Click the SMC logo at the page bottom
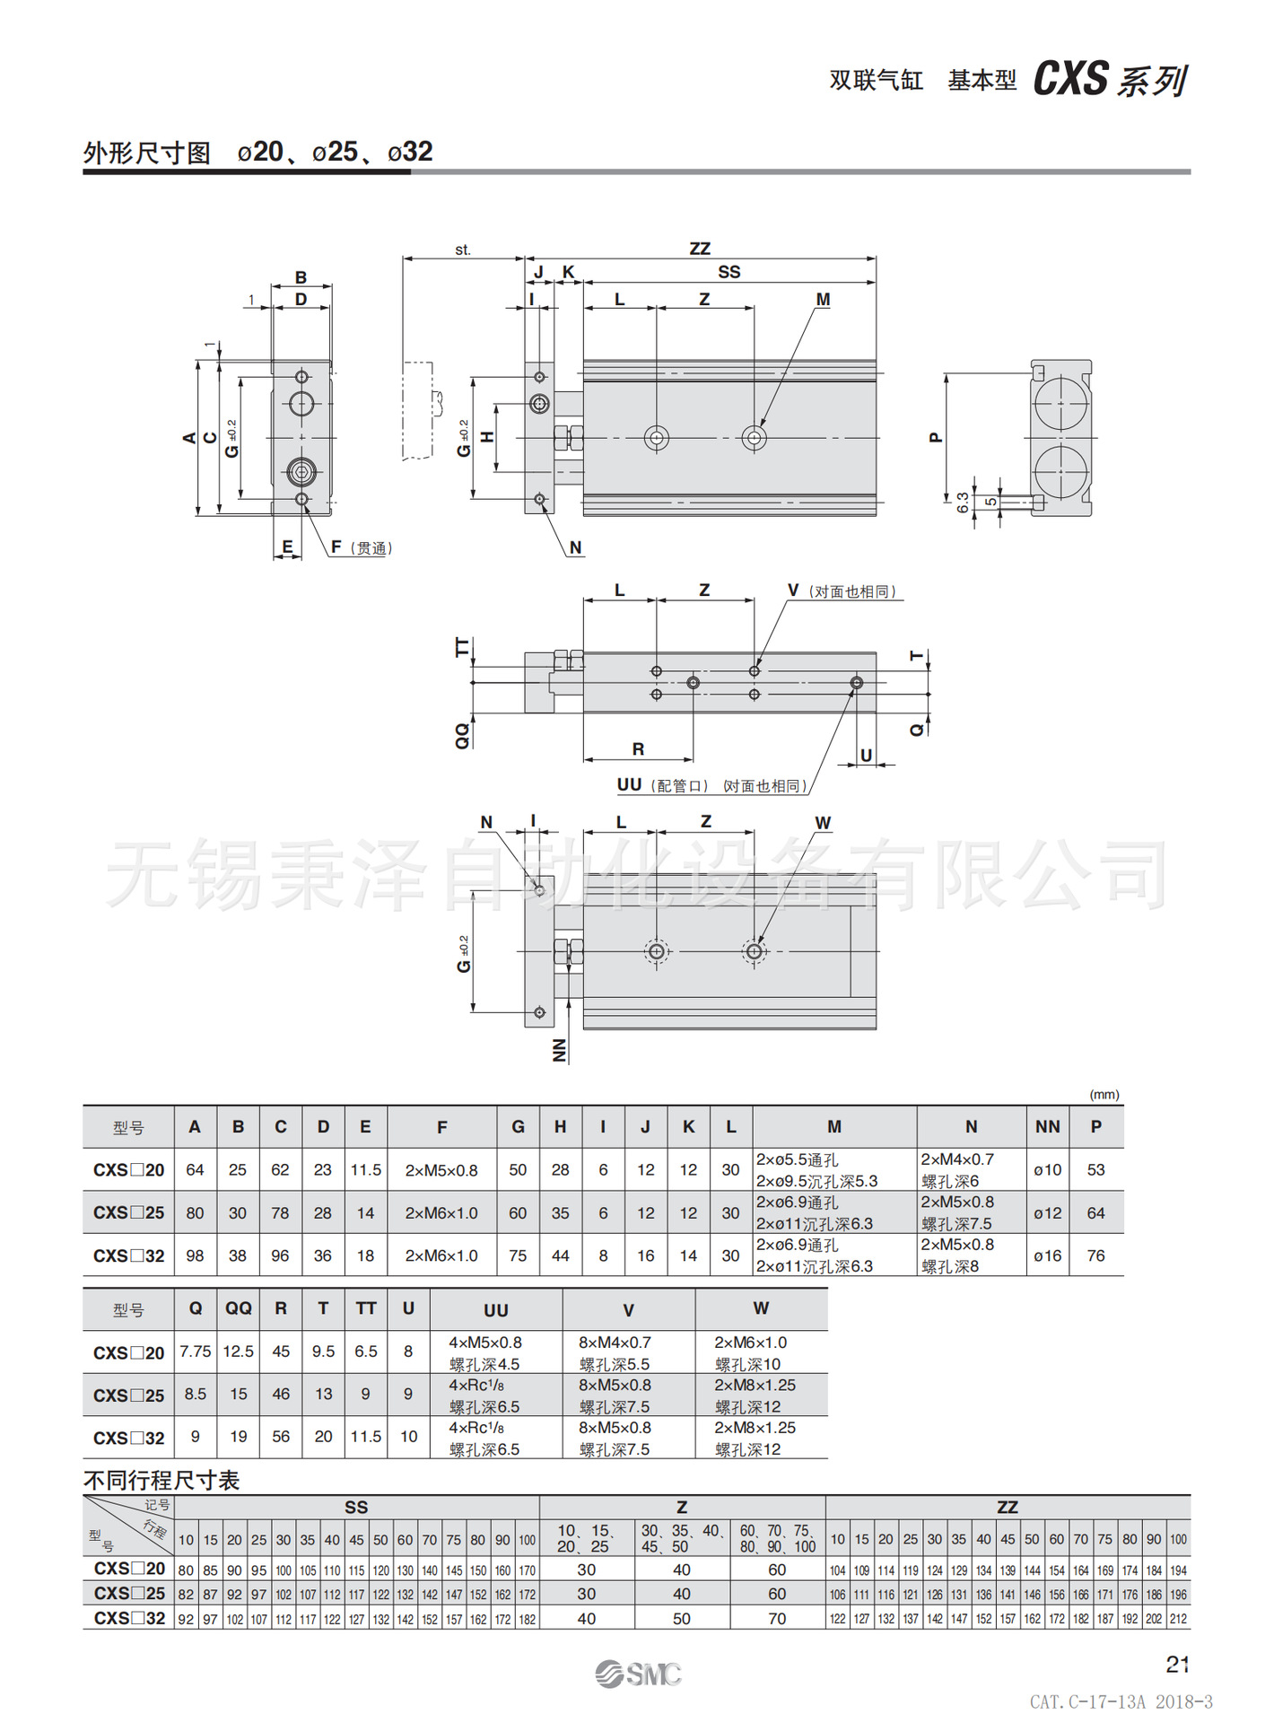[x=639, y=1674]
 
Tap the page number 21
[x=1177, y=1665]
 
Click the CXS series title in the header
[x=1110, y=80]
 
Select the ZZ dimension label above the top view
[x=700, y=249]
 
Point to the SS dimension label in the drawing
[x=729, y=272]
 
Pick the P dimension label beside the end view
[x=936, y=438]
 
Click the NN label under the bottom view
[x=560, y=1050]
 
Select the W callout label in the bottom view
[x=823, y=823]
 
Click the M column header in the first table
[x=834, y=1127]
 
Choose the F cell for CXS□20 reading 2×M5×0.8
[x=441, y=1170]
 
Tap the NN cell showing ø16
[x=1047, y=1256]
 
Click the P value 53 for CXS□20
[x=1095, y=1170]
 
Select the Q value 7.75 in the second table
[x=195, y=1351]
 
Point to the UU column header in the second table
[x=496, y=1310]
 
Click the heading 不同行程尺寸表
[x=161, y=1480]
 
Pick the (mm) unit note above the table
[x=1104, y=1095]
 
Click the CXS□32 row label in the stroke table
[x=129, y=1619]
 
